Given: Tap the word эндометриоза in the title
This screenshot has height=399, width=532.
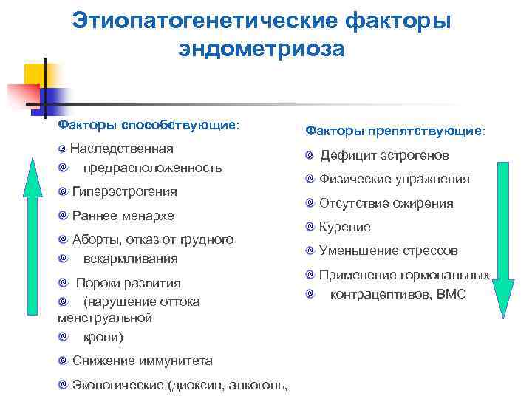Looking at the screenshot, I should [261, 48].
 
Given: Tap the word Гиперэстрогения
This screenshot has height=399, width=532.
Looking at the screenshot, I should [125, 191].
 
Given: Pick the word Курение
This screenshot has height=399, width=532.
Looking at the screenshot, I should [345, 227].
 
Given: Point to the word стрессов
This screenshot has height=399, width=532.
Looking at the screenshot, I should [430, 250].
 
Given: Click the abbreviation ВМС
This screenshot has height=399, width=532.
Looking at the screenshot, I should [451, 294].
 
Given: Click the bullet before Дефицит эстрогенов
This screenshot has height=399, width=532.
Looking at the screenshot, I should [310, 156].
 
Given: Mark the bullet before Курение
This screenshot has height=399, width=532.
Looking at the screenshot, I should [310, 227].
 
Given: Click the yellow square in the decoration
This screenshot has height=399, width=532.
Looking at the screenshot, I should [35, 73].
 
